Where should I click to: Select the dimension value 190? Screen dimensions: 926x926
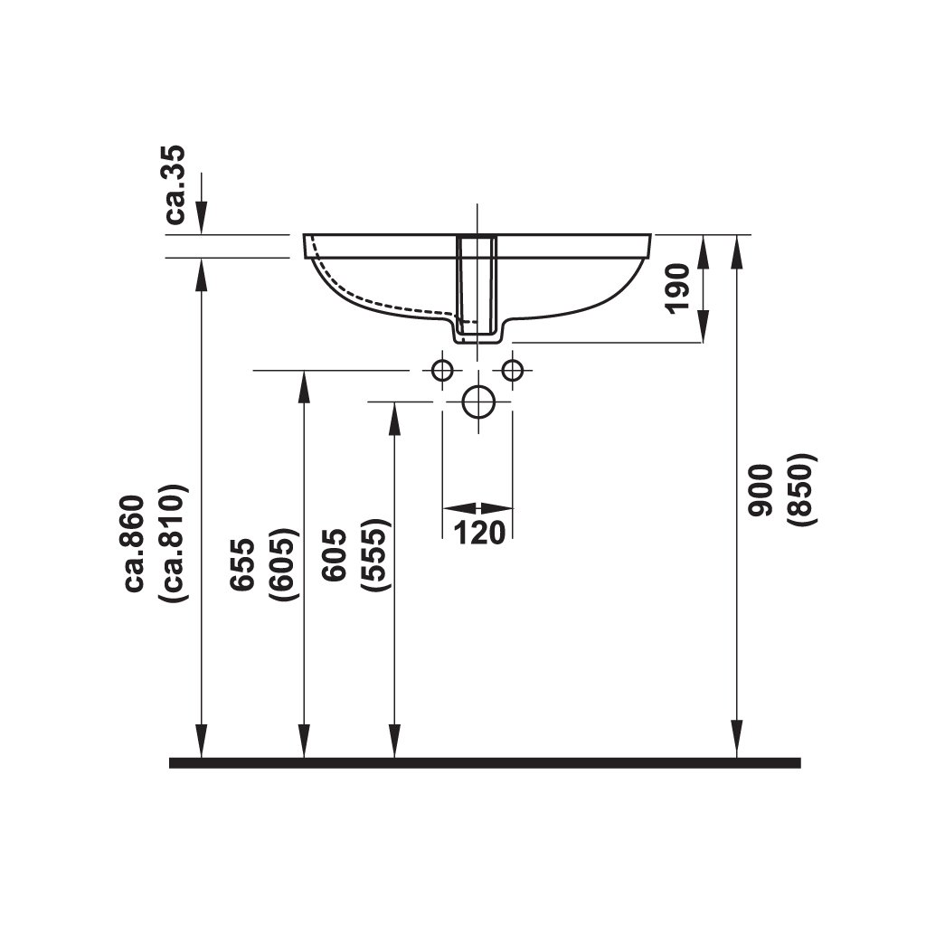click(678, 288)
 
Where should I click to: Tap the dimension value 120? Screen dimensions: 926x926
click(477, 534)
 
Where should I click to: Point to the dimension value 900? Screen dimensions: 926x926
click(761, 489)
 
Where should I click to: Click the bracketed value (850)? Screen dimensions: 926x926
click(801, 489)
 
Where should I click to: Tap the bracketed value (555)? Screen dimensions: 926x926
click(374, 555)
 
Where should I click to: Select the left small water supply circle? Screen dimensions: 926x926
click(442, 370)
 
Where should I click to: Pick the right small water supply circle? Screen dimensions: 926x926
click(513, 370)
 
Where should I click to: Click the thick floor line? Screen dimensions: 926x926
click(485, 762)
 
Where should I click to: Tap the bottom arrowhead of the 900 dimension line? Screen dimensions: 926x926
click(739, 742)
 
